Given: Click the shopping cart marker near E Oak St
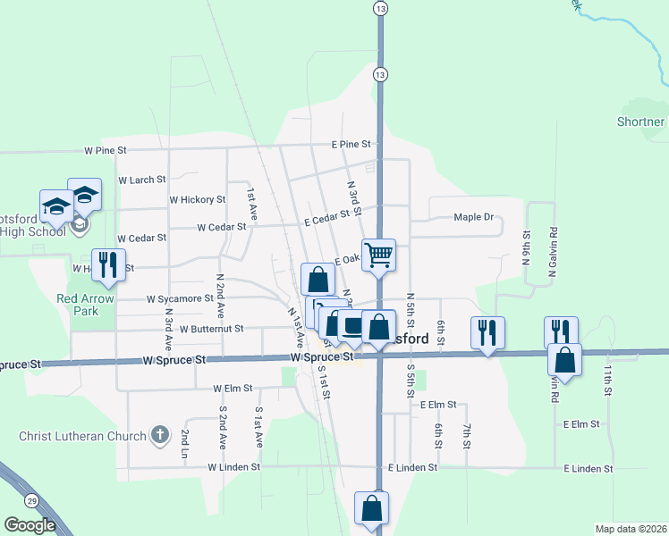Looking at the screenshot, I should point(378,255).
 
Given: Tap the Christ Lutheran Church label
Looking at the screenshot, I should point(82,436).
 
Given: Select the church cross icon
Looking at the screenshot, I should point(160,435).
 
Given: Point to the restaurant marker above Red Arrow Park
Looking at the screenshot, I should point(109,265).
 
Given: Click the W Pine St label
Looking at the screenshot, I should point(106,151).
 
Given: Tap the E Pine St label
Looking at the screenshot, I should point(351,143).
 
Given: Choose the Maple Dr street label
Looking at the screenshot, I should point(473,217).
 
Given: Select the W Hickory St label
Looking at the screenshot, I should point(198,199).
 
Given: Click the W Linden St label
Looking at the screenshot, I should point(233,466).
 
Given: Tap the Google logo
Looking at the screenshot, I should point(30,525).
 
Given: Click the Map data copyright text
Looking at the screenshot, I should point(631,529).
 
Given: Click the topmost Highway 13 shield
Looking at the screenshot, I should point(381,8).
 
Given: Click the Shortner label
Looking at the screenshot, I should point(641,121).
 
